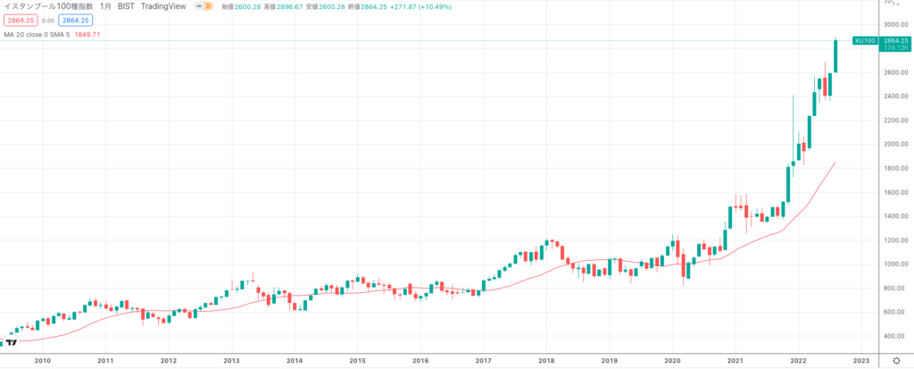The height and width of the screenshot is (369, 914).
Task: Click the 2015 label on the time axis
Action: click(x=357, y=360)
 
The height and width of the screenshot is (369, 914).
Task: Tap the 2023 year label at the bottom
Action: click(x=860, y=360)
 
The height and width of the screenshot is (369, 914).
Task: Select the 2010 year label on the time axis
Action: click(x=42, y=360)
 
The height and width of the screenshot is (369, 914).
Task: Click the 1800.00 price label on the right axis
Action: click(x=894, y=168)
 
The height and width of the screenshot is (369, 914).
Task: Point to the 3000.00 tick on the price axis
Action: click(x=894, y=24)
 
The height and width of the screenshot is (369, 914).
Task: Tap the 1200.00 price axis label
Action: click(x=894, y=240)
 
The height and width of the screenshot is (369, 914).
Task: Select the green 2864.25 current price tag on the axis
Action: click(x=894, y=40)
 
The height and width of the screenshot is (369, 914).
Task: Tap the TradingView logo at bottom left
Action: click(x=12, y=342)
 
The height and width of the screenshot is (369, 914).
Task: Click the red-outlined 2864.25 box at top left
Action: click(x=21, y=20)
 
